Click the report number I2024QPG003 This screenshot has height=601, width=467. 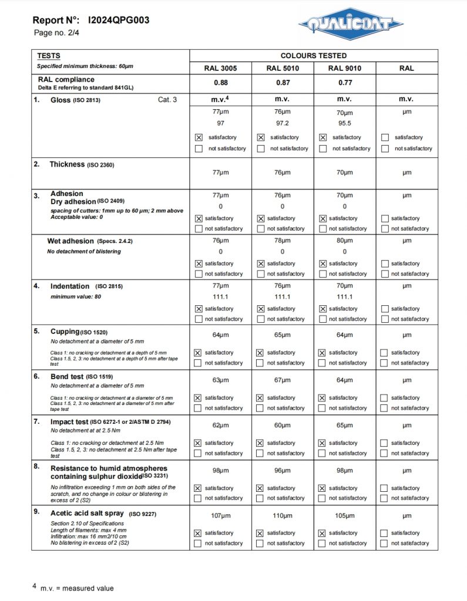pyautogui.click(x=118, y=20)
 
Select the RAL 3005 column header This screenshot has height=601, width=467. pyautogui.click(x=220, y=68)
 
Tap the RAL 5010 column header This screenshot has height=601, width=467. pyautogui.click(x=283, y=68)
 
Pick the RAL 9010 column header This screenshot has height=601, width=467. pyautogui.click(x=345, y=68)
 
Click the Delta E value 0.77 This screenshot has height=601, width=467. pyautogui.click(x=345, y=83)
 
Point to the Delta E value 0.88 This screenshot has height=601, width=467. pyautogui.click(x=220, y=83)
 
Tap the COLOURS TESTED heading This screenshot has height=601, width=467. pyautogui.click(x=313, y=56)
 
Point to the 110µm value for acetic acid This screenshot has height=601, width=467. pyautogui.click(x=283, y=516)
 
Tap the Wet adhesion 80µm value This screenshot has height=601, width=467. pyautogui.click(x=345, y=241)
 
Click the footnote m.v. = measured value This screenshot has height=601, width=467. pyautogui.click(x=77, y=588)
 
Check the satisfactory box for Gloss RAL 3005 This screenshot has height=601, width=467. pyautogui.click(x=199, y=137)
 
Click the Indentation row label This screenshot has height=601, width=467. pyautogui.click(x=70, y=286)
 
